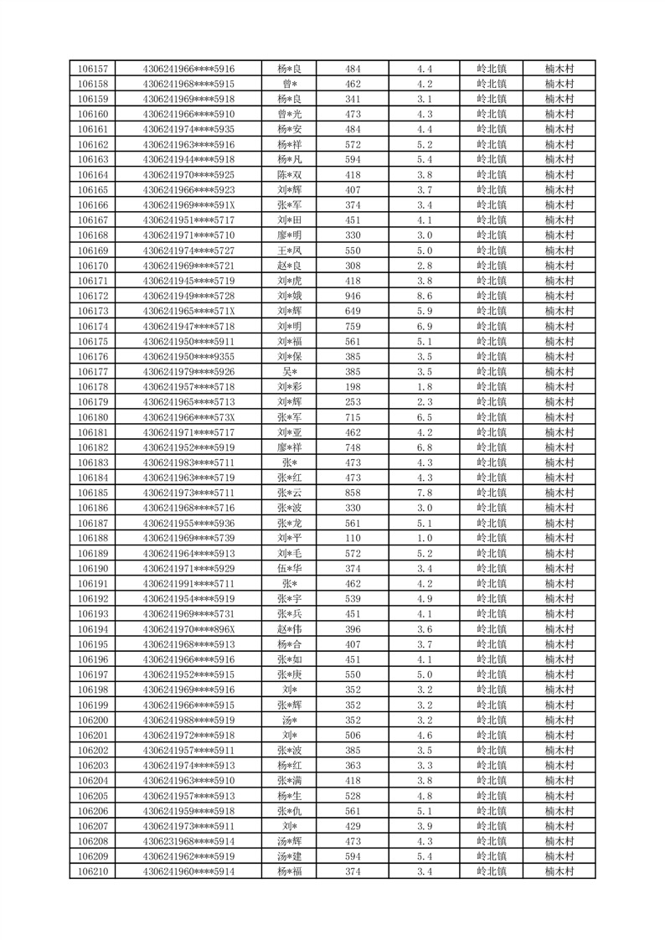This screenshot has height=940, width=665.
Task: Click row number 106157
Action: [x=92, y=69]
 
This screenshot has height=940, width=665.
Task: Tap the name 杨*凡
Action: [x=290, y=159]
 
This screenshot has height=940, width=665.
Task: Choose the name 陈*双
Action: [x=290, y=174]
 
